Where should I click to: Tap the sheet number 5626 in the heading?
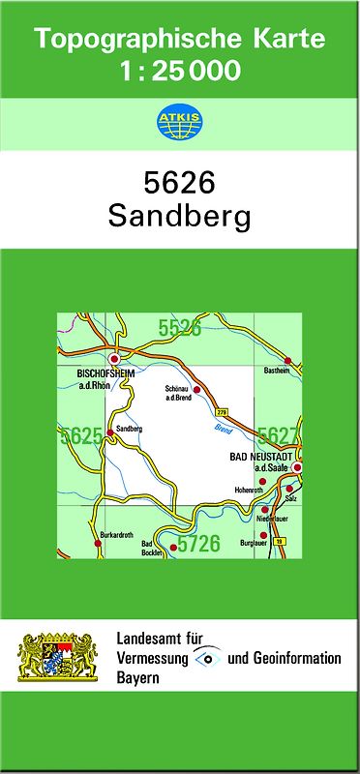(179, 182)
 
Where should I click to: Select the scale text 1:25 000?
(179, 71)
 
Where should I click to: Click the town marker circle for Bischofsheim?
(115, 357)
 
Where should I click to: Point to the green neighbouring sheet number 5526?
(180, 329)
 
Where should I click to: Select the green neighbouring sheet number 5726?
(198, 544)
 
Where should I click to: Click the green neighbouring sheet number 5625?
(80, 437)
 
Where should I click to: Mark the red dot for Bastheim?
(287, 361)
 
